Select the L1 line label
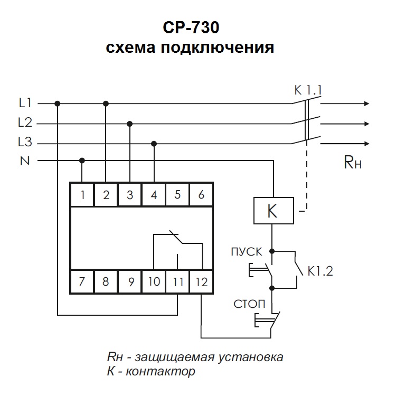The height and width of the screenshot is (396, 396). pyautogui.click(x=25, y=103)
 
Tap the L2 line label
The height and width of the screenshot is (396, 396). pyautogui.click(x=25, y=123)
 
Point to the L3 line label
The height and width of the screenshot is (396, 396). pyautogui.click(x=25, y=143)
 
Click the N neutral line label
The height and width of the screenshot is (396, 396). pyautogui.click(x=25, y=161)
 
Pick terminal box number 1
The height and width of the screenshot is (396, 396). pyautogui.click(x=82, y=195)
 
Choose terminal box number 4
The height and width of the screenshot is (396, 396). pyautogui.click(x=154, y=195)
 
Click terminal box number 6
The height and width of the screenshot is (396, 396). pyautogui.click(x=201, y=195)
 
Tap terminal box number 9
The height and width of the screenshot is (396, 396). pyautogui.click(x=130, y=281)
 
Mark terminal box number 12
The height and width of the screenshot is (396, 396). pyautogui.click(x=201, y=281)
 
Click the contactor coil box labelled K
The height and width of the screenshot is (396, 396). pyautogui.click(x=272, y=211)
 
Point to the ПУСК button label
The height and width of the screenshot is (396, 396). pyautogui.click(x=246, y=251)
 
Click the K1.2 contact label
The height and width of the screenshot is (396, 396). pyautogui.click(x=320, y=272)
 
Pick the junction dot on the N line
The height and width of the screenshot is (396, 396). pyautogui.click(x=82, y=160)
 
